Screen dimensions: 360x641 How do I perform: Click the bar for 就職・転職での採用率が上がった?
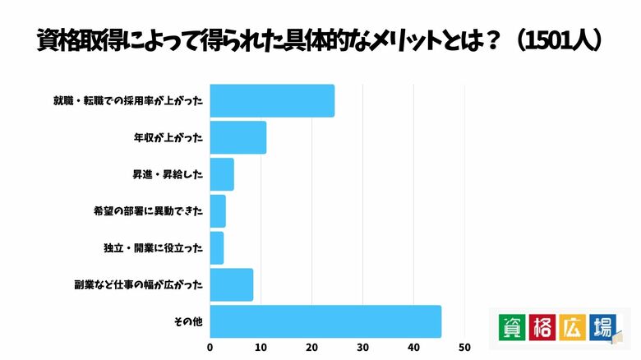point(272,100)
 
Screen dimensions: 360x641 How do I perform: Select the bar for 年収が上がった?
point(238,137)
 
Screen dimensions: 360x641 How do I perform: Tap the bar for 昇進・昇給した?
point(222,174)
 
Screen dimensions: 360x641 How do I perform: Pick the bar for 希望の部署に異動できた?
point(218,211)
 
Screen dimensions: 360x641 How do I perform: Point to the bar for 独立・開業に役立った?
point(217,248)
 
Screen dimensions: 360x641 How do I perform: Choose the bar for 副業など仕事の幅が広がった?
point(232,285)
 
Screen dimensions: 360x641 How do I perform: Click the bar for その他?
point(325,321)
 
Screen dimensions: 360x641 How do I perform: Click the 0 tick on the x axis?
point(210,347)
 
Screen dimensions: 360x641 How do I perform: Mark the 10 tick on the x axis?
point(261,347)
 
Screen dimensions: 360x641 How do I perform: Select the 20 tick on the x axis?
point(312,347)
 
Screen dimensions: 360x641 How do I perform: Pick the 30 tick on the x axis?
point(363,347)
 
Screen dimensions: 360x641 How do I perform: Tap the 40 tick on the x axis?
point(414,347)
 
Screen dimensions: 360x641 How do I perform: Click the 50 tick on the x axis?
point(465,347)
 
